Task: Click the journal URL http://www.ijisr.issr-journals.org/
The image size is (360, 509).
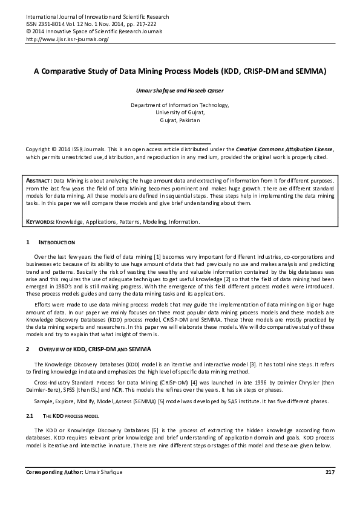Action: tap(67, 39)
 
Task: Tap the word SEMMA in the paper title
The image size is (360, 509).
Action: tap(310, 71)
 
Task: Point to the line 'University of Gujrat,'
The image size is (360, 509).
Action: tap(180, 112)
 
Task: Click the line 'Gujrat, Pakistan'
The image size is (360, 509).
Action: tap(180, 120)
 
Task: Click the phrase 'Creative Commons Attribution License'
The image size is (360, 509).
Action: tap(284, 149)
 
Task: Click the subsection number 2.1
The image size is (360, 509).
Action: tap(29, 417)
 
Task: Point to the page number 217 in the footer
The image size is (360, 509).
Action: tap(330, 472)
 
